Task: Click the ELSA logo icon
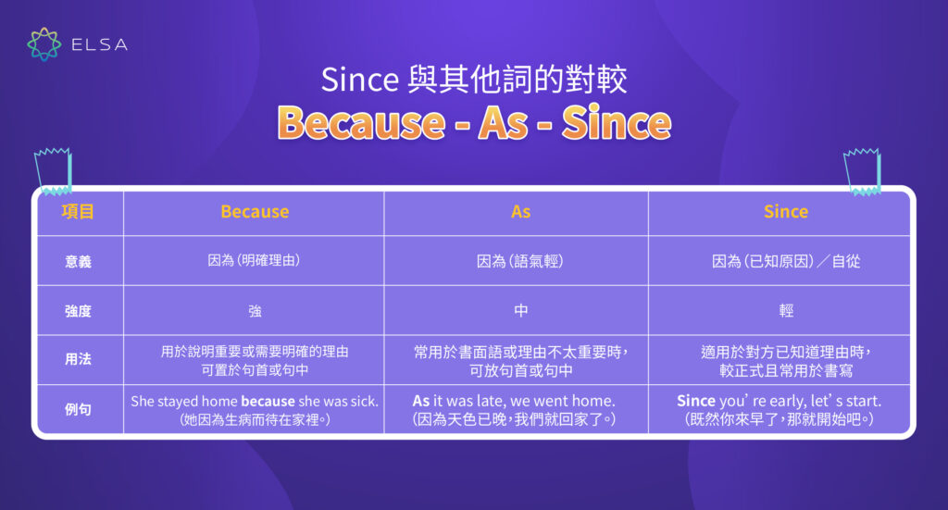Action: click(44, 44)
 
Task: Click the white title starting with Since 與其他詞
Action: click(474, 80)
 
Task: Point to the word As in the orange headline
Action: click(504, 122)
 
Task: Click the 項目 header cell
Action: click(78, 212)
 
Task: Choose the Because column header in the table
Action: click(255, 212)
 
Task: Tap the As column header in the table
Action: click(520, 212)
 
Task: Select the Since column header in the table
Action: click(785, 212)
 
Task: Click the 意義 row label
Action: click(78, 262)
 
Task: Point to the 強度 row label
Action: click(78, 311)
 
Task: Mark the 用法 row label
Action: click(78, 360)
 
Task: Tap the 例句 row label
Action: click(78, 409)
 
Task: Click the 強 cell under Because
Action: click(255, 311)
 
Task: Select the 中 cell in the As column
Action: click(520, 311)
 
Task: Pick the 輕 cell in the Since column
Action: click(785, 311)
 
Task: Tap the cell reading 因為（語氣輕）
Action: click(520, 262)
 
